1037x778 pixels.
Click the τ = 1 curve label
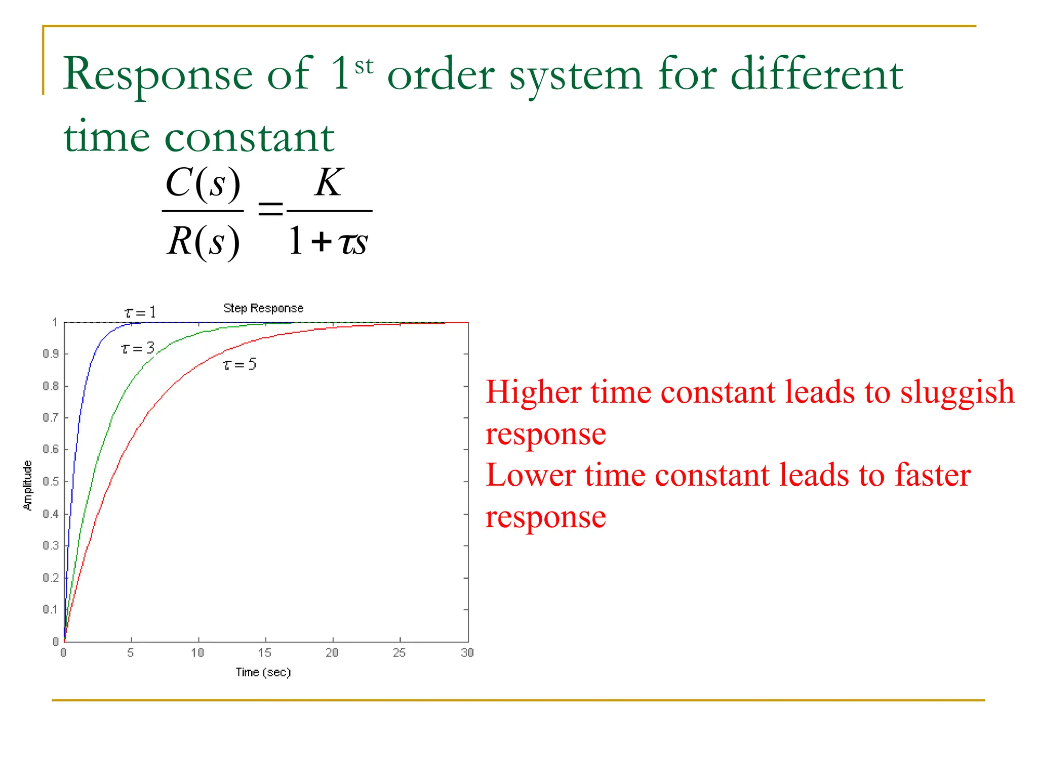point(140,313)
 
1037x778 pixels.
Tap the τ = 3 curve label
point(137,348)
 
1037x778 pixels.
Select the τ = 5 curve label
point(240,364)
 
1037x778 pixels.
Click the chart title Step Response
point(263,308)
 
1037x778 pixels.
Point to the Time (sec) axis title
point(263,672)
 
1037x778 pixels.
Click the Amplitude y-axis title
point(28,485)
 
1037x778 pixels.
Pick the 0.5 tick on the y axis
point(51,481)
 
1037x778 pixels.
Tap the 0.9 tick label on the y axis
point(51,354)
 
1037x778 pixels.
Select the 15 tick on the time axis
point(265,652)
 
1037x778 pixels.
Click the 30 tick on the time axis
point(467,652)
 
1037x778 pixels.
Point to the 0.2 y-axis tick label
point(51,577)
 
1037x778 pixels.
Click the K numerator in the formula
point(329,183)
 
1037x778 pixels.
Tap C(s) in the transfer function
point(203,183)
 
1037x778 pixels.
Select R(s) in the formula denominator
point(203,242)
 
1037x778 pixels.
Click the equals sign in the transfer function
point(270,209)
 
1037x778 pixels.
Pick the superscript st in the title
point(364,66)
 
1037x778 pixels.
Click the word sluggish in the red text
point(957,393)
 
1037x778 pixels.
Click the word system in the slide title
point(576,75)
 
